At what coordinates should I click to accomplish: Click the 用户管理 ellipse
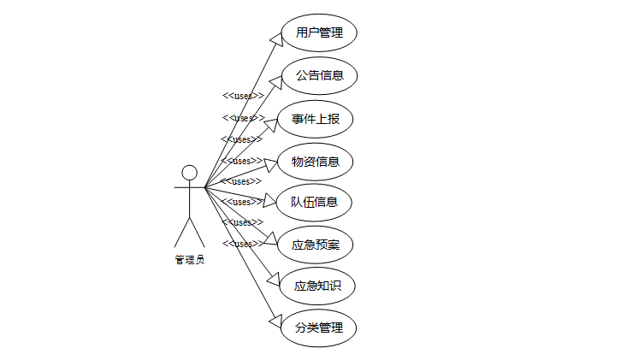pyautogui.click(x=319, y=33)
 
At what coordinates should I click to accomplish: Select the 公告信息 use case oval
pyautogui.click(x=319, y=75)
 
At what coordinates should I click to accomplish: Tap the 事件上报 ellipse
pyautogui.click(x=316, y=118)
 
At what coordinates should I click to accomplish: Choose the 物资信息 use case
pyautogui.click(x=316, y=161)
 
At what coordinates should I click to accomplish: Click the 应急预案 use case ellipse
pyautogui.click(x=316, y=244)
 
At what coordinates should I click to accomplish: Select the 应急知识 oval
pyautogui.click(x=317, y=286)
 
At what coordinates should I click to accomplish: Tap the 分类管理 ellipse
pyautogui.click(x=319, y=328)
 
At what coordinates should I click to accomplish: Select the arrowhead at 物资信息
pyautogui.click(x=270, y=162)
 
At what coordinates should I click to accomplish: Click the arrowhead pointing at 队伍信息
pyautogui.click(x=271, y=202)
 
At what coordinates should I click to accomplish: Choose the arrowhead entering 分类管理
pyautogui.click(x=275, y=322)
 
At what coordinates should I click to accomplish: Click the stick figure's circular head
pyautogui.click(x=189, y=173)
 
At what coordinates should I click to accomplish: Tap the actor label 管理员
pyautogui.click(x=189, y=259)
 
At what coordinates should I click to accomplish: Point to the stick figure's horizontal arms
pyautogui.click(x=189, y=186)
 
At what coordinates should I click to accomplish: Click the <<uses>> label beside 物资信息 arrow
pyautogui.click(x=241, y=160)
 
